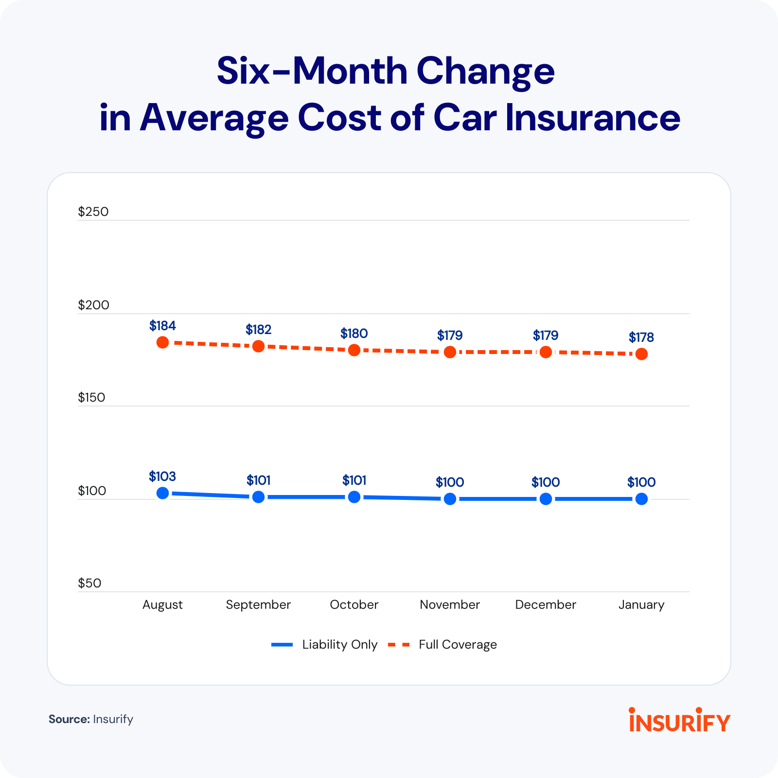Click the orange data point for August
[x=162, y=342]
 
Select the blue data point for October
[x=354, y=497]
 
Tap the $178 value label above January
[x=641, y=337]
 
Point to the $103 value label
[x=162, y=476]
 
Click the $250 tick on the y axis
[x=93, y=212]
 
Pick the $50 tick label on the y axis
[x=89, y=583]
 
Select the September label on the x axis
[x=258, y=604]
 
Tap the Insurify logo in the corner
[x=679, y=720]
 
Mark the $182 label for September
[x=258, y=330]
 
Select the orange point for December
[x=546, y=352]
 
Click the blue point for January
[x=641, y=499]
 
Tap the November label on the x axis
[x=450, y=604]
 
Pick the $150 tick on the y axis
[x=91, y=397]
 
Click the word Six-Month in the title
[x=311, y=71]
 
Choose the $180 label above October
[x=354, y=334]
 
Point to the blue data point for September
[x=258, y=497]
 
